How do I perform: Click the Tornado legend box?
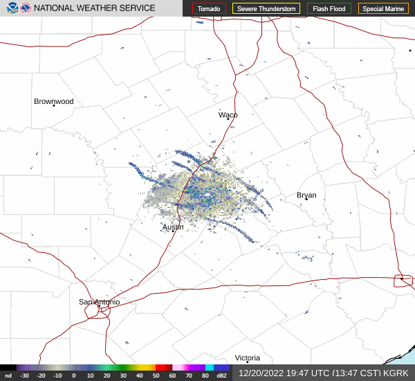209,9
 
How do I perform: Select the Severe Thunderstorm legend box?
266,9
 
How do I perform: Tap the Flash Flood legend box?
329,9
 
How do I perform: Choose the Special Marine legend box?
383,9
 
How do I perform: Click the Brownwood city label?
53,101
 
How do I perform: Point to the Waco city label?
228,114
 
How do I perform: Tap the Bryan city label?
306,195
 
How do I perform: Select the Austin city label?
173,227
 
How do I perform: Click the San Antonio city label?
99,302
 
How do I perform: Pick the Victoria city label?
247,357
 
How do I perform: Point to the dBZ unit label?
222,375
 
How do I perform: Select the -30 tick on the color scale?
24,375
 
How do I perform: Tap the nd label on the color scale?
8,375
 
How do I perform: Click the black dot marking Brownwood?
53,105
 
